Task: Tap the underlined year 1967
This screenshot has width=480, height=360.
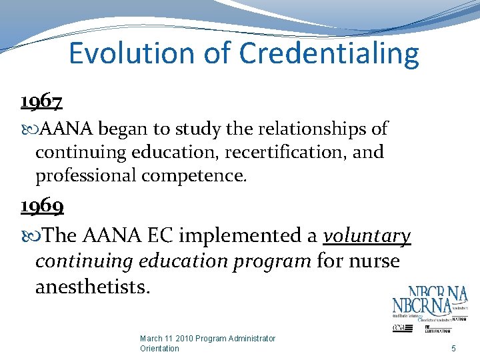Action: pyautogui.click(x=41, y=101)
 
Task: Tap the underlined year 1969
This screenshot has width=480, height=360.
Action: pyautogui.click(x=41, y=207)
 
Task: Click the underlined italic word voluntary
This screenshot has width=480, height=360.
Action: pyautogui.click(x=367, y=236)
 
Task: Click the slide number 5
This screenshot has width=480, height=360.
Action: pyautogui.click(x=453, y=348)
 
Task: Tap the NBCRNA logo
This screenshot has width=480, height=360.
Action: pyautogui.click(x=429, y=307)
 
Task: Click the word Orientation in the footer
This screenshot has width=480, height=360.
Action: pyautogui.click(x=159, y=348)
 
